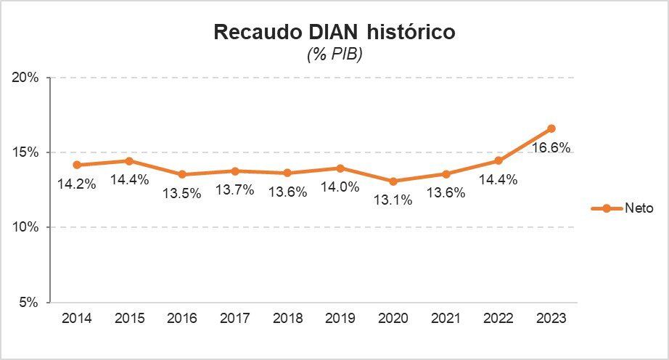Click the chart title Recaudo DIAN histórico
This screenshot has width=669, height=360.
point(334,33)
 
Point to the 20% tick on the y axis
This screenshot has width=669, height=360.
point(27,78)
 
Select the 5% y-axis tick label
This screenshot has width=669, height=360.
point(30,302)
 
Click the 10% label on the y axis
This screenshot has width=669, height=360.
point(27,227)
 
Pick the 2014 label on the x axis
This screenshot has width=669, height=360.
point(76,319)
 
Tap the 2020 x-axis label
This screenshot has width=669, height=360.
point(393,319)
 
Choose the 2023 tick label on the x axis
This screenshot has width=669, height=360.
point(551,319)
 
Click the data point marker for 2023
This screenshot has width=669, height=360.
point(551,128)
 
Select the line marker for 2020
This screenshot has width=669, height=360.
point(393,181)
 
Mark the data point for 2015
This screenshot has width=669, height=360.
point(129,161)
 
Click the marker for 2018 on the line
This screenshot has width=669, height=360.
point(287,173)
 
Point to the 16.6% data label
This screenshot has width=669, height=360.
point(551,148)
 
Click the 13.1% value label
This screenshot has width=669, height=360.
point(393,200)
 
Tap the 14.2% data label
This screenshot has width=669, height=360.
point(77,184)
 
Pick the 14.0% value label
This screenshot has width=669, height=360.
point(340,187)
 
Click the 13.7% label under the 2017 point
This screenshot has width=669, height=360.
point(235,190)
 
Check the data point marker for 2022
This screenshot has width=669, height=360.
point(498,160)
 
